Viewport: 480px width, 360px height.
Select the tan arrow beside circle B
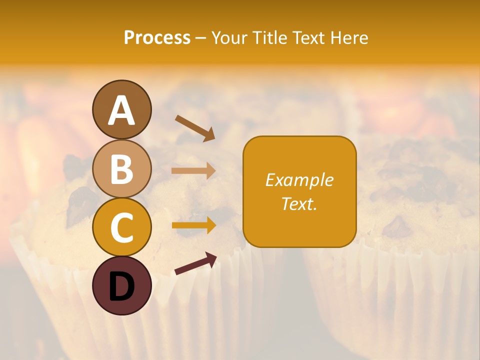[193, 171]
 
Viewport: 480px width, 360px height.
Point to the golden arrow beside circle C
[193, 225]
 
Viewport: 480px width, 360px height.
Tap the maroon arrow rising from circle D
[195, 263]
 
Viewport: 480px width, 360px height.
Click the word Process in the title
[157, 38]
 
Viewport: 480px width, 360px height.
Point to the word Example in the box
[299, 180]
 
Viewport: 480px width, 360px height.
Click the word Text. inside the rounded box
[299, 203]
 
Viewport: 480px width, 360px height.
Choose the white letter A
[121, 110]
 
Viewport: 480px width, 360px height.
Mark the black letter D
[121, 286]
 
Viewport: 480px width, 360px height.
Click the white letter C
[121, 228]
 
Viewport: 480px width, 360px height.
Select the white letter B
[121, 169]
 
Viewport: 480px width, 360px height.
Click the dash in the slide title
[200, 38]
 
